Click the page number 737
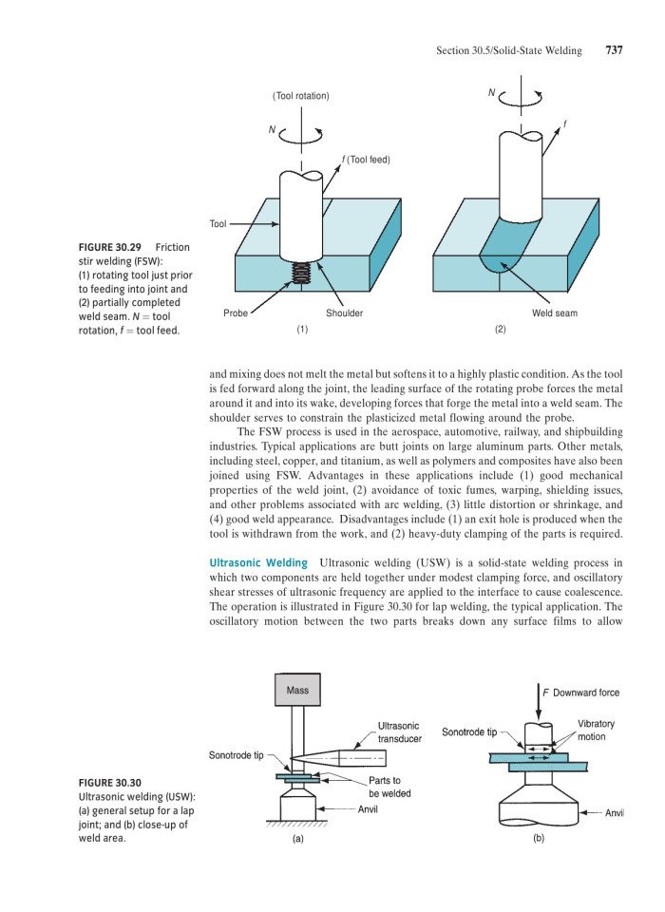tap(614, 50)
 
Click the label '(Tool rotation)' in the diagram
tap(300, 96)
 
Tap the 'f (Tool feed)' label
tap(362, 159)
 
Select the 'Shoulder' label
tap(344, 313)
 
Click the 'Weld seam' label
tap(554, 313)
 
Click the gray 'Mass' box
tap(297, 691)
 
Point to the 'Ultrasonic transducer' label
tap(399, 731)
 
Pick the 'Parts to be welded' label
tap(389, 787)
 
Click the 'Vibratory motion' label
tap(596, 730)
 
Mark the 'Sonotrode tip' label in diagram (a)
tap(236, 755)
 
